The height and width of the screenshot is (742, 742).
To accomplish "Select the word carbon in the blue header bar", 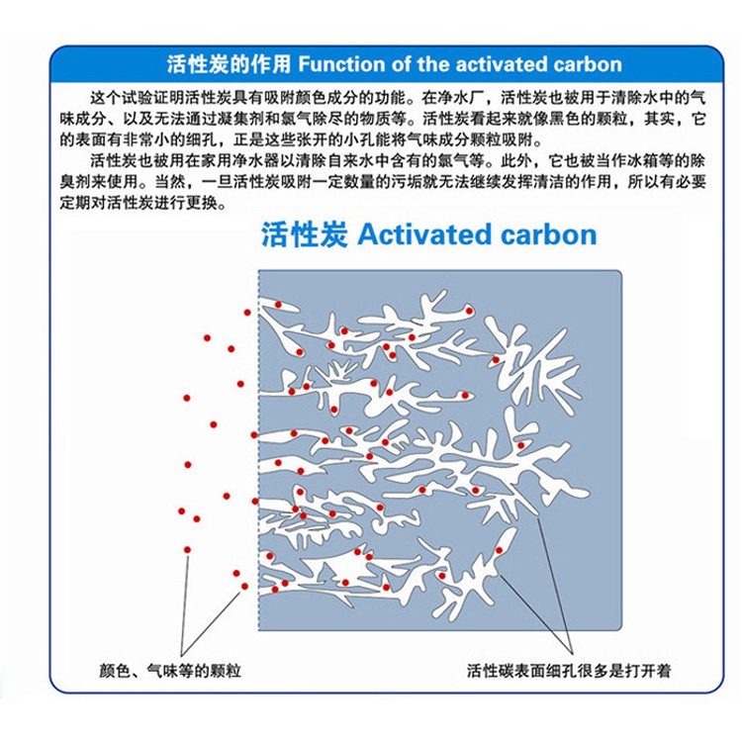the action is [x=588, y=64].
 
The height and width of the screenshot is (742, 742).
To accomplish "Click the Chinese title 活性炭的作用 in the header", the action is [x=230, y=64].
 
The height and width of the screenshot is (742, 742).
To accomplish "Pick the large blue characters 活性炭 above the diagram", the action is [x=305, y=234].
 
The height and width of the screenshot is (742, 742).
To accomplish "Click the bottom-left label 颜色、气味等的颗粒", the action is [x=170, y=671].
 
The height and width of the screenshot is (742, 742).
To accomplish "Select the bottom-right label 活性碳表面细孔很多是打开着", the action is [x=569, y=671].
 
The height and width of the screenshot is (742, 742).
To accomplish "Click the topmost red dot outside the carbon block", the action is [x=247, y=313].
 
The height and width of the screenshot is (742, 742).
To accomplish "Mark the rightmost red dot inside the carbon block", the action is [x=521, y=446].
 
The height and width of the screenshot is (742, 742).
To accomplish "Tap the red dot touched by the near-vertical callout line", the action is [x=187, y=550].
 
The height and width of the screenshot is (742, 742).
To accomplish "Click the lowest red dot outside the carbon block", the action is [x=244, y=587].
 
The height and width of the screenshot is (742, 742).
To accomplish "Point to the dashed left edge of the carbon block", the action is [x=258, y=450].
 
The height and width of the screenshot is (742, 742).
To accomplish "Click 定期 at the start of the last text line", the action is [x=76, y=203].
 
